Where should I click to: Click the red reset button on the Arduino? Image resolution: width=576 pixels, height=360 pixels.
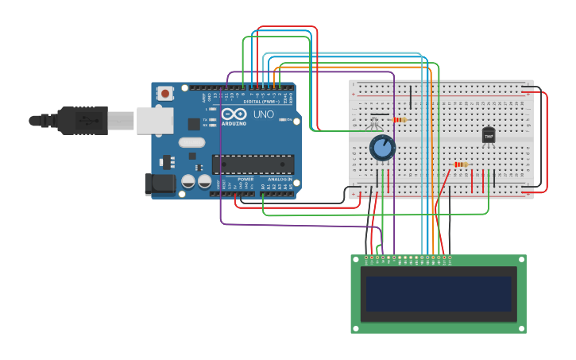point(165,93)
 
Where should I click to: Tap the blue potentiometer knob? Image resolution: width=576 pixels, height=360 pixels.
point(382,148)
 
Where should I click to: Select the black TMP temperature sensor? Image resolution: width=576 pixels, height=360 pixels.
point(489,136)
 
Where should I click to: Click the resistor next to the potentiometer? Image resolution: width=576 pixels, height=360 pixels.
point(399,120)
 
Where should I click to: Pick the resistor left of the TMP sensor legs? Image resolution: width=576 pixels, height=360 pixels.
point(460,165)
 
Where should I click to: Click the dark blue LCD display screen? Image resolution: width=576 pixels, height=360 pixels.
point(439,293)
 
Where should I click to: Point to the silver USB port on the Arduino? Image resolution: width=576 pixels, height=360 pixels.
point(154,121)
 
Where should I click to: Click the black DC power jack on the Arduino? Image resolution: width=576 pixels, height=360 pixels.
point(160,184)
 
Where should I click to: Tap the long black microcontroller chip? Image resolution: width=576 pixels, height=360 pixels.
point(253,165)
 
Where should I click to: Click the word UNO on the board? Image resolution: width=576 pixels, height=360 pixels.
point(264,114)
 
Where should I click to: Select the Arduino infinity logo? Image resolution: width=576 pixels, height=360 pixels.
point(232,114)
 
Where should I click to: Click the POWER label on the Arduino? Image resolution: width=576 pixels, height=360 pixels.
point(245,180)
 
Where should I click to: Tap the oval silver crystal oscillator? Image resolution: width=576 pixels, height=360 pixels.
point(191,143)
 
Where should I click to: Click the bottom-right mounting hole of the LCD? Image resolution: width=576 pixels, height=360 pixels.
point(520,327)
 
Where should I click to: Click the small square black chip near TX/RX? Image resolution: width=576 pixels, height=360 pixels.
point(194,124)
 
